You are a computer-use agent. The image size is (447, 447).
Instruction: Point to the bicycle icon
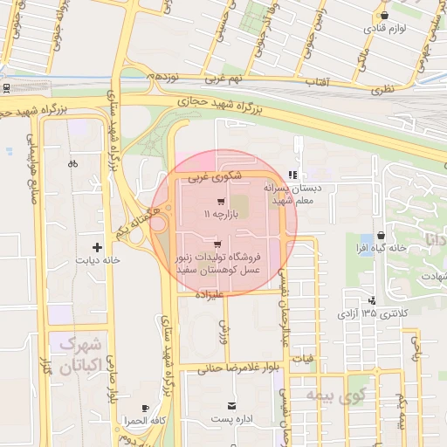point(72,162)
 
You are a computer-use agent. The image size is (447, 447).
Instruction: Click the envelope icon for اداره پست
point(231,406)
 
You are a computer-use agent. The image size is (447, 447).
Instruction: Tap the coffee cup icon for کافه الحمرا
point(146,408)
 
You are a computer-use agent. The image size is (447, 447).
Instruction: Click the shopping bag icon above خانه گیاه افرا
point(382,236)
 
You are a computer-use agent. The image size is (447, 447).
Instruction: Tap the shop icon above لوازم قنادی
point(384,15)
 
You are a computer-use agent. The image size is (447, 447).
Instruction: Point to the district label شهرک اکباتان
point(79,354)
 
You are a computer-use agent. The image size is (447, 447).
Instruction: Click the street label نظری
point(382,88)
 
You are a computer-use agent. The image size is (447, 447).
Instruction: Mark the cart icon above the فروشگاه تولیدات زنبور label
point(217,244)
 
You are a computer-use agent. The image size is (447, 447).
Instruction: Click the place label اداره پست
point(231,420)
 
